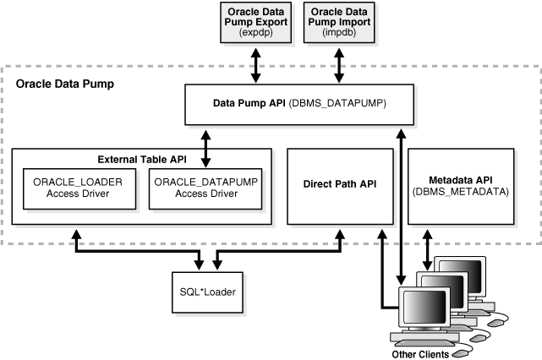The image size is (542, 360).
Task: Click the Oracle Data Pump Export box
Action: coord(255,22)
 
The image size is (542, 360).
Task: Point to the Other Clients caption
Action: coord(420,355)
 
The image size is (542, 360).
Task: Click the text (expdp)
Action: coord(255,31)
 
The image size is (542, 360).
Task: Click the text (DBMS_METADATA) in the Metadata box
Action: coord(461,192)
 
